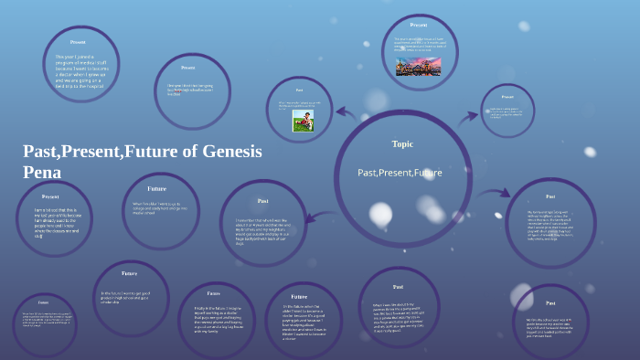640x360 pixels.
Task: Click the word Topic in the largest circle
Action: click(402, 143)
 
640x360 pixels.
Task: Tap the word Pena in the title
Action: click(42, 171)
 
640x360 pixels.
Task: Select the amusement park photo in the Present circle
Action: click(418, 66)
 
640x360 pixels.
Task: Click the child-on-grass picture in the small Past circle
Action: click(304, 121)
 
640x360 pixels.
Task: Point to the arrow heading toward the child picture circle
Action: click(346, 113)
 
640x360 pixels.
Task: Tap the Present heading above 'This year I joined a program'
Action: click(78, 42)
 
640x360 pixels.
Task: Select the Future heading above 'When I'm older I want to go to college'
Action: click(156, 188)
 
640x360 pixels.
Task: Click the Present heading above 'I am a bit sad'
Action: click(50, 196)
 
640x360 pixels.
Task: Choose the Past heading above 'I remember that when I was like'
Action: click(262, 200)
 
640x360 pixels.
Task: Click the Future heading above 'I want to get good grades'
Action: click(130, 273)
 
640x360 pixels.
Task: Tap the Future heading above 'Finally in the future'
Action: click(214, 293)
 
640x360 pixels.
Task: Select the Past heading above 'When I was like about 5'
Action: click(398, 287)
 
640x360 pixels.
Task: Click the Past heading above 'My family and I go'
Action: click(550, 302)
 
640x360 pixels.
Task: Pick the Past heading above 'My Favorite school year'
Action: click(550, 196)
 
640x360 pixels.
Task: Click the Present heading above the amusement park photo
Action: click(419, 25)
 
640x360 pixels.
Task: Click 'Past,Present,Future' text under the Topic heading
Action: click(400, 172)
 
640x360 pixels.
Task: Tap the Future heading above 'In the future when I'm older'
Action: click(299, 297)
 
